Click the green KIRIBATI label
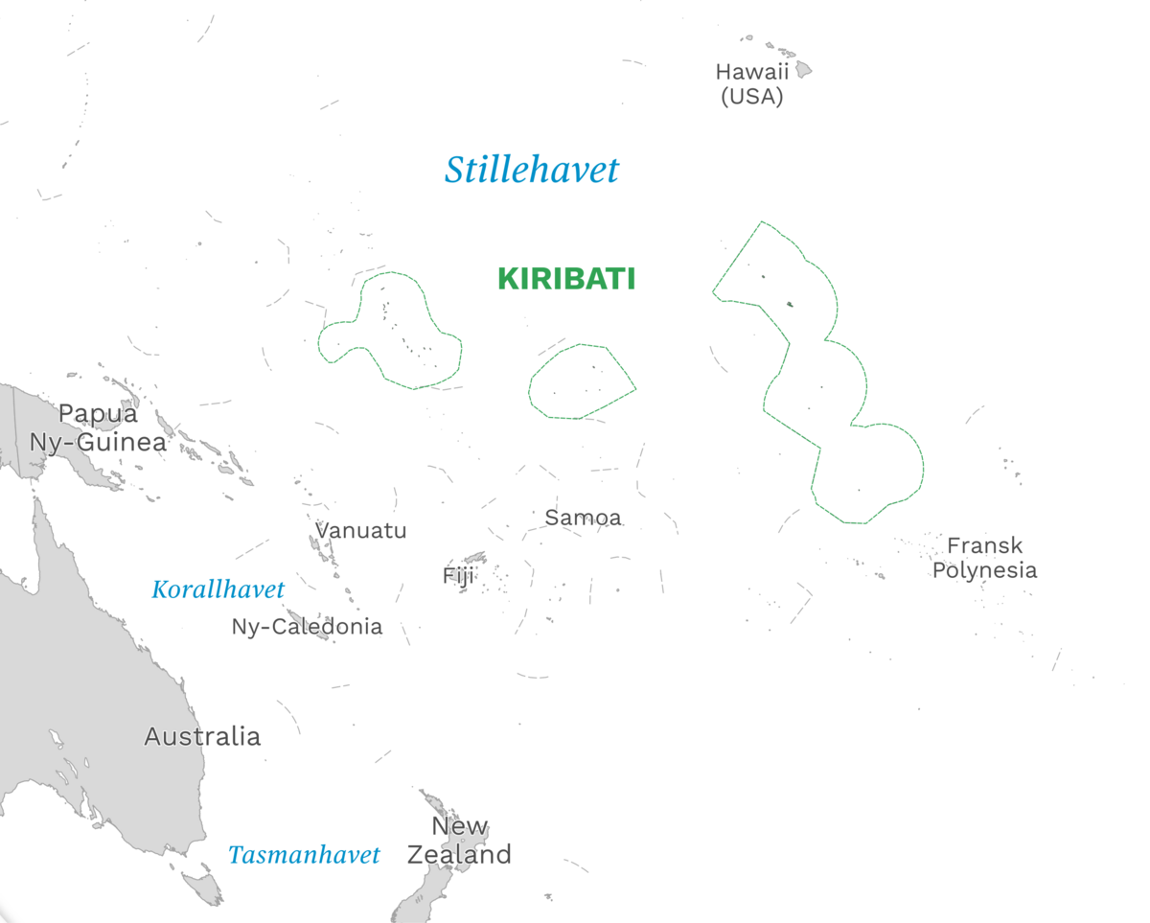coord(566,279)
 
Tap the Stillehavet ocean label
coord(532,171)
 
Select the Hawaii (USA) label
coord(752,84)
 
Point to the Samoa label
coord(583,518)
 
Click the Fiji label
coord(458,575)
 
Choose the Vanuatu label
coord(361,530)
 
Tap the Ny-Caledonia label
coord(307,627)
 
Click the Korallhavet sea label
coord(218,589)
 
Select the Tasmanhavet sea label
coord(304,854)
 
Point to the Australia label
coord(202,736)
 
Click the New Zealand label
coord(459,841)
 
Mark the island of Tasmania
coord(204,883)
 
